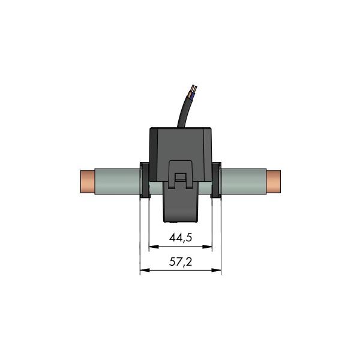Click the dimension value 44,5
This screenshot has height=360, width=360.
(180, 238)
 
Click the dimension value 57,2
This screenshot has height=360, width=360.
(180, 263)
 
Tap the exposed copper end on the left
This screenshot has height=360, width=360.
(87, 182)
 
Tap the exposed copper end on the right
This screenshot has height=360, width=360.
(274, 182)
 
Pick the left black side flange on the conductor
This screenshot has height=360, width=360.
(144, 180)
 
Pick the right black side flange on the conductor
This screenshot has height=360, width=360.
(216, 180)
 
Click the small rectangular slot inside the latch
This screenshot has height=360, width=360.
(180, 176)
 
